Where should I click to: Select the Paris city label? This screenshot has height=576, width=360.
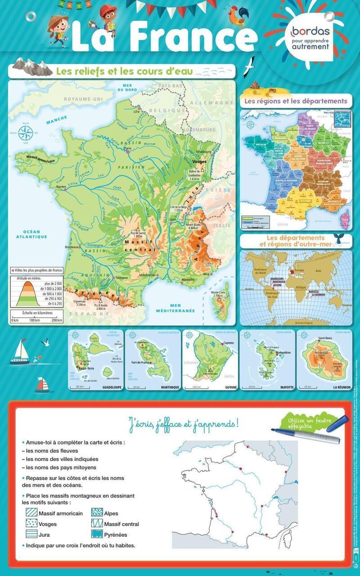pyautogui.click(x=127, y=148)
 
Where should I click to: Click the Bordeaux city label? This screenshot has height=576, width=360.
pyautogui.click(x=72, y=247)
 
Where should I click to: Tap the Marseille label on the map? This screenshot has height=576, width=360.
pyautogui.click(x=188, y=280)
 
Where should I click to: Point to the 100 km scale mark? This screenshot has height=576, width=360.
pyautogui.click(x=35, y=320)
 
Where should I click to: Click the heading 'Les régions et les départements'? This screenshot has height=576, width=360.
pyautogui.click(x=296, y=101)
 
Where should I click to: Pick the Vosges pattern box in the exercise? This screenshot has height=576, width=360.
pyautogui.click(x=31, y=524)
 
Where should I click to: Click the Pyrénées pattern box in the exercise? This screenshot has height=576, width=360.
pyautogui.click(x=97, y=535)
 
